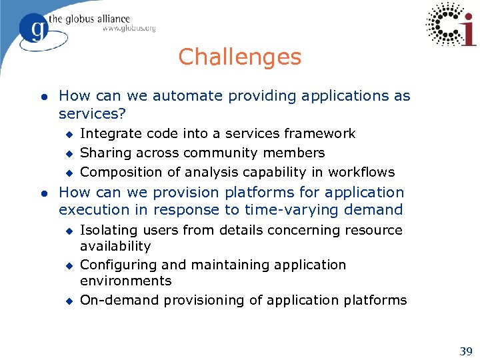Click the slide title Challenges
(239, 57)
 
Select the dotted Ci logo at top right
(451, 25)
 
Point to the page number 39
(465, 351)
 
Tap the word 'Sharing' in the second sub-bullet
(103, 153)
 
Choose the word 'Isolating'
(106, 230)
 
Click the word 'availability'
(115, 246)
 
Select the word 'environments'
(125, 281)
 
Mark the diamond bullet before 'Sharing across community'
(68, 153)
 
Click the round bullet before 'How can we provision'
(43, 193)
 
